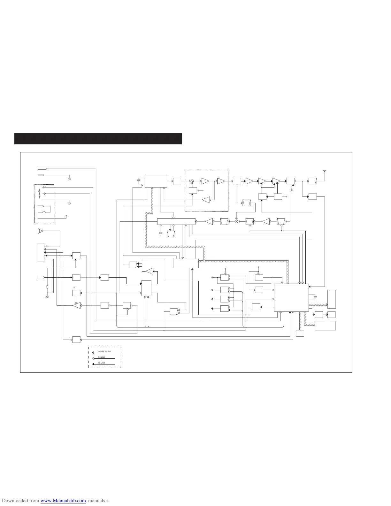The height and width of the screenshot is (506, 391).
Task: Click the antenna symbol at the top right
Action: [x=325, y=172]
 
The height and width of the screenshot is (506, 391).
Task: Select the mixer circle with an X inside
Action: [x=237, y=221]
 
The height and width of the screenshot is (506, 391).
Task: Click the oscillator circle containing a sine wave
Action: [x=192, y=181]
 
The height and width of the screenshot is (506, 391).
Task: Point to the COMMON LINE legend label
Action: [x=104, y=351]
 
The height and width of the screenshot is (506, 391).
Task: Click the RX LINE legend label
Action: [x=102, y=357]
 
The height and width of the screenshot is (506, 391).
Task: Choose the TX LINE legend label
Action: [x=102, y=363]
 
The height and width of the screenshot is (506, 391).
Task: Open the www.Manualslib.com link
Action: [x=63, y=501]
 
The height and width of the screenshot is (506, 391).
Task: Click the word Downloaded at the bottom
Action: [x=13, y=501]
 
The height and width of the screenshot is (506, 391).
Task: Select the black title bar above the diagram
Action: [x=98, y=139]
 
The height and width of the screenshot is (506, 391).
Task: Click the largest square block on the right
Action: [x=291, y=297]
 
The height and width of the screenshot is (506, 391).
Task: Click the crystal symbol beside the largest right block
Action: [x=315, y=297]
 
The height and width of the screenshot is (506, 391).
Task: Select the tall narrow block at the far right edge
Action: [x=332, y=299]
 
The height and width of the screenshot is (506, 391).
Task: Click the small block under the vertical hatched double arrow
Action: [x=300, y=333]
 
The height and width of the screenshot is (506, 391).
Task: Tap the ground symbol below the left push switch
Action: [x=47, y=296]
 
